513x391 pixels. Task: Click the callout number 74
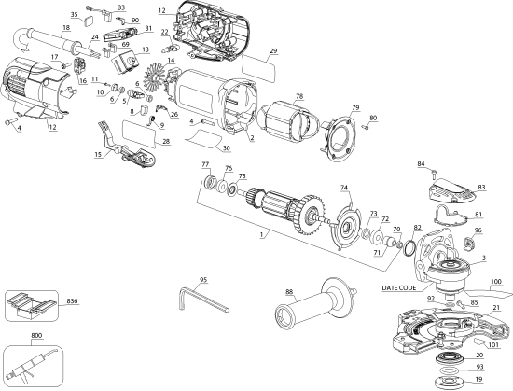(x=344, y=188)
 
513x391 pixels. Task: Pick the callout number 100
(x=496, y=280)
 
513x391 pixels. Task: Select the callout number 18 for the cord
(x=66, y=29)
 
